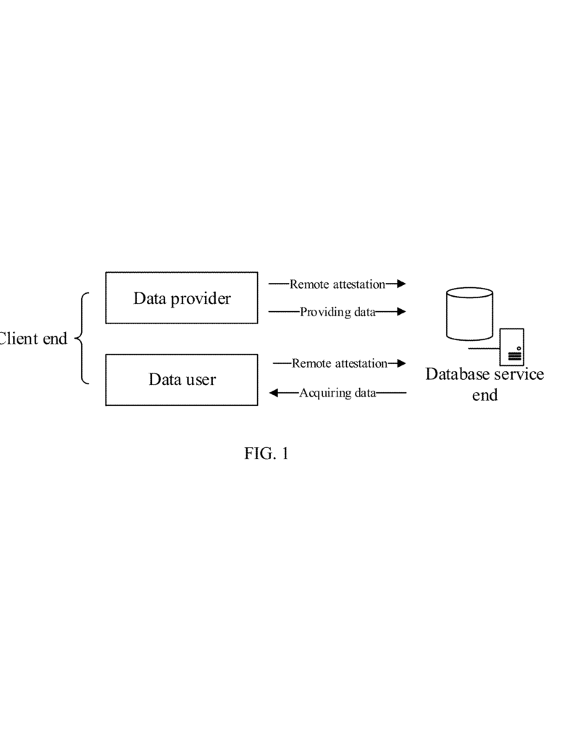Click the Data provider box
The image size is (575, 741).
(181, 297)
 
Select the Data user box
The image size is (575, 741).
(181, 379)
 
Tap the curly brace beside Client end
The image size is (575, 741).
(83, 338)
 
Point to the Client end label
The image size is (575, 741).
(33, 338)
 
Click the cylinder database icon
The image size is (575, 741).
(469, 313)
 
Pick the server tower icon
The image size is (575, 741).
(512, 347)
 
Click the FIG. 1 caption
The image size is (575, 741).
(266, 454)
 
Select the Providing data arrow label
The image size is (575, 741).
(337, 313)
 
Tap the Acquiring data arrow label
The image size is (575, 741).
(337, 394)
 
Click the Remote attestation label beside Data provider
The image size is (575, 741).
(337, 284)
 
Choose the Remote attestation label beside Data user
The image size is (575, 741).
(340, 363)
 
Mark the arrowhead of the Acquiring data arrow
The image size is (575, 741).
(274, 394)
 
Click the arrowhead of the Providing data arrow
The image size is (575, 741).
(401, 313)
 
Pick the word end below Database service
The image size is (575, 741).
(484, 395)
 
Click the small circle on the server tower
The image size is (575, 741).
(519, 349)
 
